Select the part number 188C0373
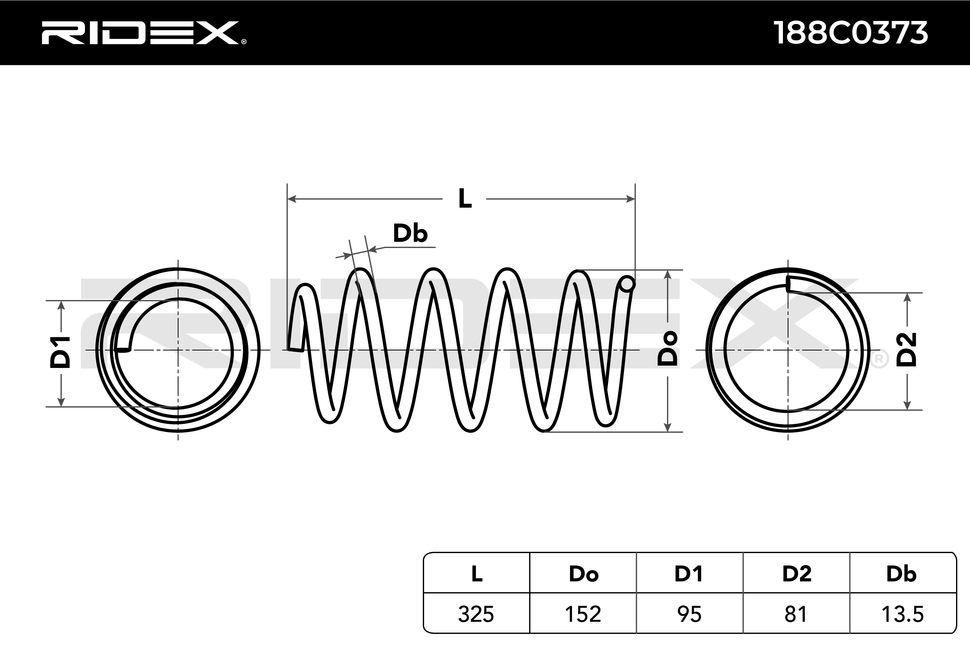point(850,33)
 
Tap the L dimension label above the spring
point(465,199)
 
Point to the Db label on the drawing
point(410,234)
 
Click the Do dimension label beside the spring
point(668,348)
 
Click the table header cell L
point(477,574)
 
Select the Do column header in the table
point(583,574)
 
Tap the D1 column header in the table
point(689,574)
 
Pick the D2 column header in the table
point(797,574)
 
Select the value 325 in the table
point(476,614)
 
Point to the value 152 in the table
point(583,614)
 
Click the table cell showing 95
point(689,614)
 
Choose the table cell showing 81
point(796,614)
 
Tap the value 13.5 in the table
point(902,614)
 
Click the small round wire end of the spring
point(627,284)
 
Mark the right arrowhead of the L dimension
point(630,199)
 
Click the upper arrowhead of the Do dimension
point(668,274)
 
